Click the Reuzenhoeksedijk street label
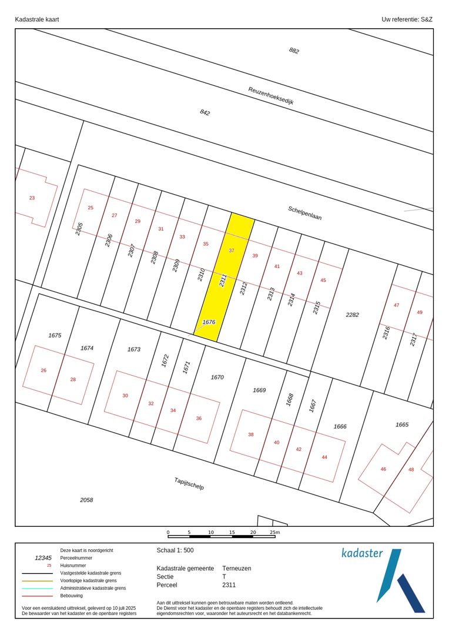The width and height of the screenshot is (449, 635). pyautogui.click(x=270, y=95)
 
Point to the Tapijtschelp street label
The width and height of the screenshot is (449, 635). pyautogui.click(x=189, y=483)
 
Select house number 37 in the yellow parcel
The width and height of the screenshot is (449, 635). pyautogui.click(x=232, y=250)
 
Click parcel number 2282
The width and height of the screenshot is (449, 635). pyautogui.click(x=352, y=315)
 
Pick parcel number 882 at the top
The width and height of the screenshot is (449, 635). pyautogui.click(x=294, y=51)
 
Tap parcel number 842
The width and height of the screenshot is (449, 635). pyautogui.click(x=205, y=112)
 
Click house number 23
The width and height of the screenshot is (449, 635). pyautogui.click(x=32, y=198)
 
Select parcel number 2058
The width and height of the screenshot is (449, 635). pyautogui.click(x=86, y=500)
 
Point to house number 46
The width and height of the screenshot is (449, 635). pyautogui.click(x=383, y=469)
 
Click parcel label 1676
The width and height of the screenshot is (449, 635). pyautogui.click(x=209, y=322)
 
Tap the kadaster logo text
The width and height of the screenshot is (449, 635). pyautogui.click(x=362, y=553)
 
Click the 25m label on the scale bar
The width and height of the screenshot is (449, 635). pyautogui.click(x=274, y=532)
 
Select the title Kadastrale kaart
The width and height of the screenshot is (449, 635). pyautogui.click(x=37, y=19)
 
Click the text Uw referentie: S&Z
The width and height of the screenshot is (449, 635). pyautogui.click(x=407, y=19)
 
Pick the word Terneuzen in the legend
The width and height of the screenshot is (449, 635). pyautogui.click(x=237, y=569)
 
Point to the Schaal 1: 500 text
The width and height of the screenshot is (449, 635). pyautogui.click(x=175, y=551)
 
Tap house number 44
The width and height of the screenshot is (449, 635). pyautogui.click(x=324, y=457)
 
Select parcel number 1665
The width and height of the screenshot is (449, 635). pyautogui.click(x=402, y=425)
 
